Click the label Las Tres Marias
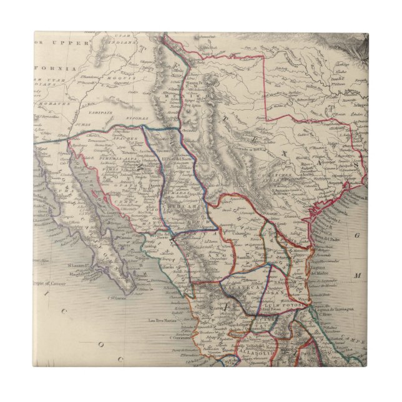(x=160, y=321)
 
